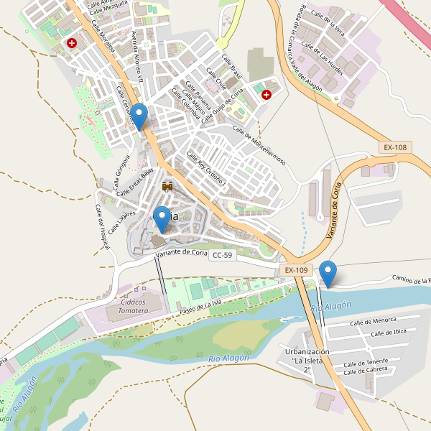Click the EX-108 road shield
395,147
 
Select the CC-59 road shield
223,255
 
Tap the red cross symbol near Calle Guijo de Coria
267,94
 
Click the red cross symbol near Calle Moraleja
73,43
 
